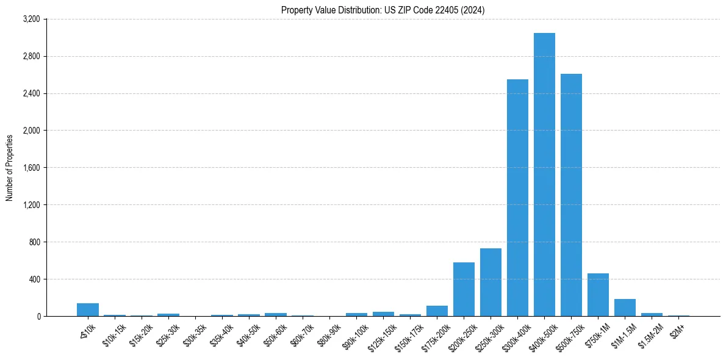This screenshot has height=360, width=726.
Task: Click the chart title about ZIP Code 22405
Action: (x=383, y=10)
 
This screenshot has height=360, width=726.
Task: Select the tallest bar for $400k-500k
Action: (x=544, y=175)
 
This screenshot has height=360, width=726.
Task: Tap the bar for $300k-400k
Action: (x=517, y=198)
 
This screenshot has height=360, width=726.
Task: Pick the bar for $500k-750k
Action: (x=571, y=195)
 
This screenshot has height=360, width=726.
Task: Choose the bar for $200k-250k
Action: (x=464, y=289)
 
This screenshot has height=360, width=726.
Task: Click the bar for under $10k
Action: (x=88, y=310)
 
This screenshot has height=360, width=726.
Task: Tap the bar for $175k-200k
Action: (x=437, y=311)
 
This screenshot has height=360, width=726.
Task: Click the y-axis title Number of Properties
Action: (x=10, y=168)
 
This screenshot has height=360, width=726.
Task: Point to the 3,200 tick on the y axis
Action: (x=31, y=20)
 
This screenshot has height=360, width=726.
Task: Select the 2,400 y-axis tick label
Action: (x=31, y=94)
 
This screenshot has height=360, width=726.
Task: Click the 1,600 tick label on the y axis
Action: (x=31, y=168)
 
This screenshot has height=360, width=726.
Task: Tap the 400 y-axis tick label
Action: (x=34, y=279)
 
